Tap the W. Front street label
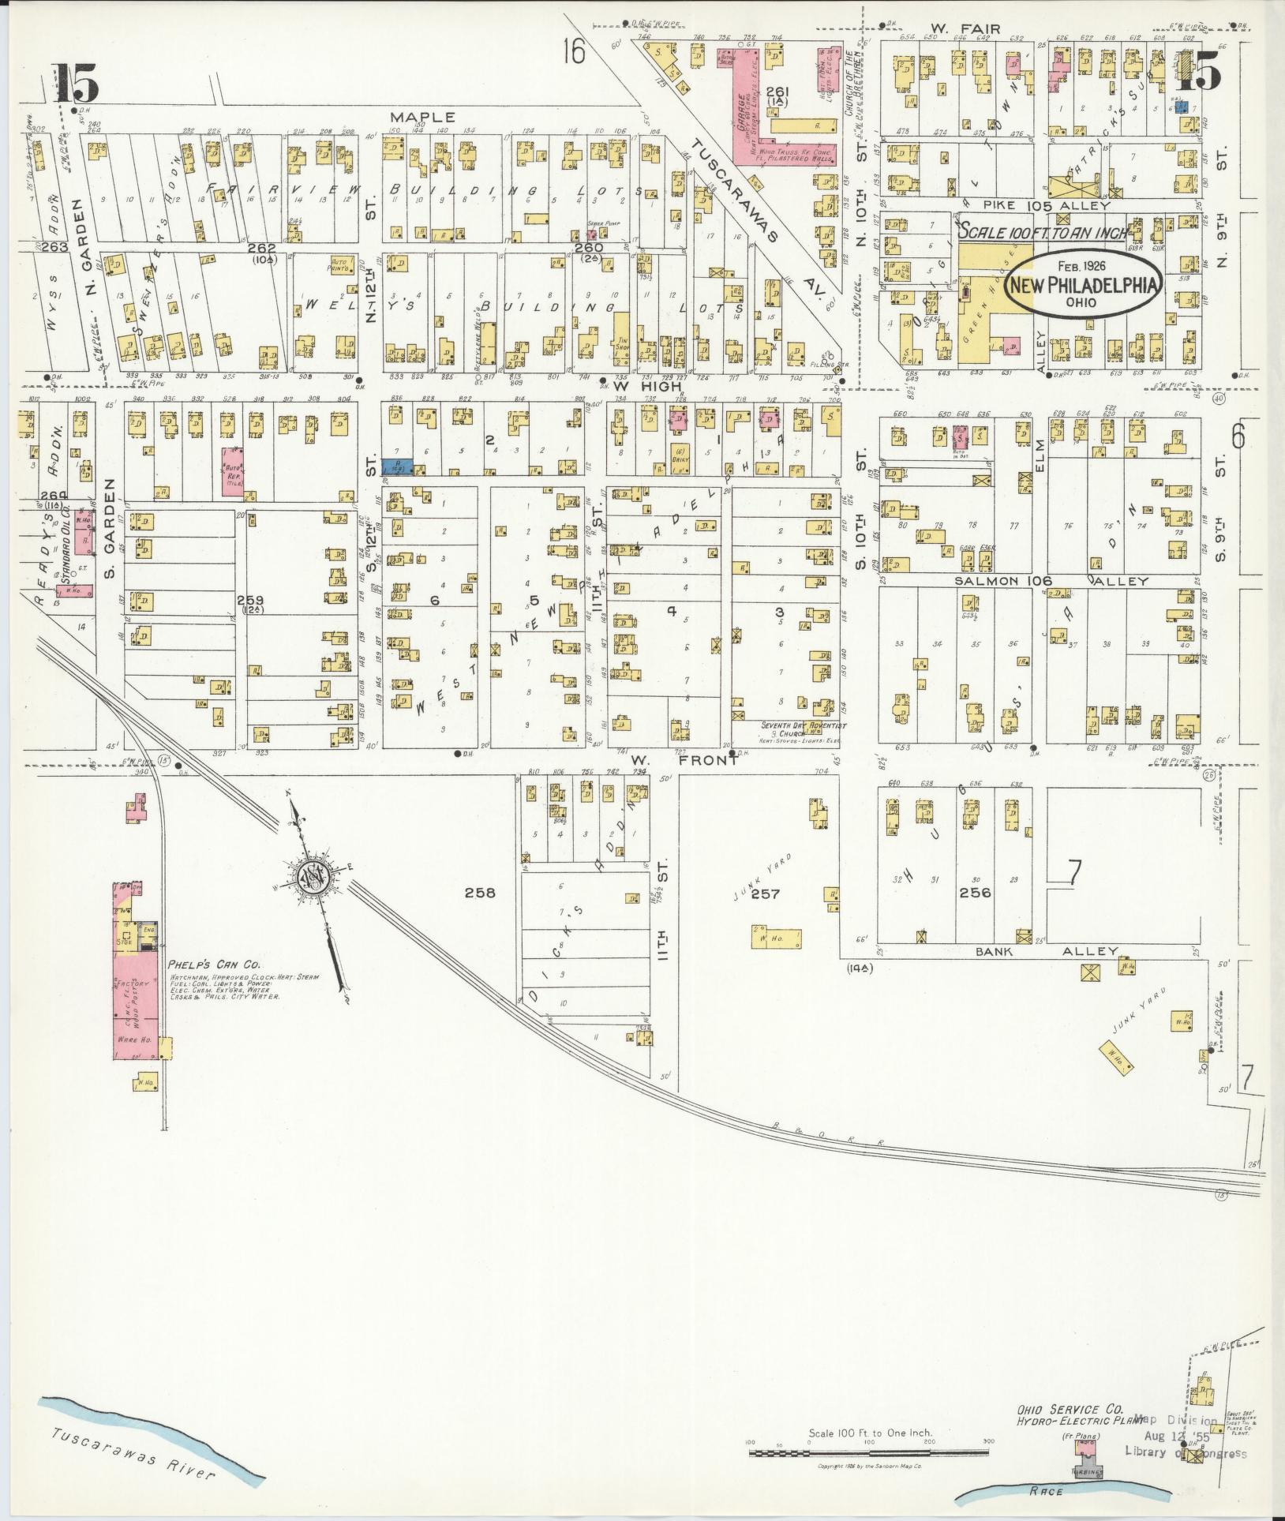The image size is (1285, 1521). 684,761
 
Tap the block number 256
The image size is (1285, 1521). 974,893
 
